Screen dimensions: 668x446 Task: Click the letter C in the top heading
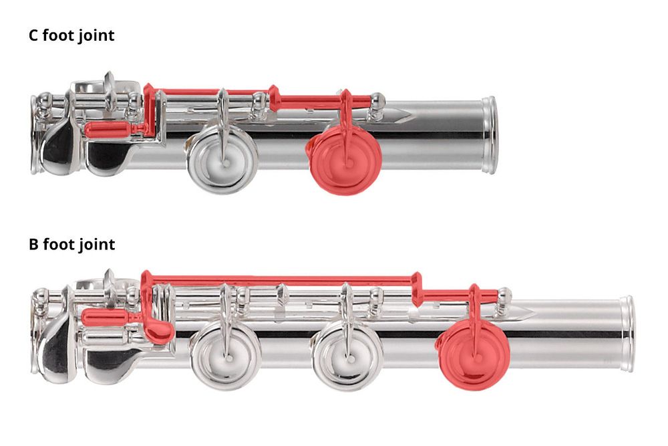[x=33, y=35]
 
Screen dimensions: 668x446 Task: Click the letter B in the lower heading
[x=33, y=244]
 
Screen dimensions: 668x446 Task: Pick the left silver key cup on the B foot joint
[x=226, y=355]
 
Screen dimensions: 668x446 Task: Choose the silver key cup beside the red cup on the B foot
[x=347, y=355]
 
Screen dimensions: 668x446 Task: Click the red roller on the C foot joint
[x=109, y=130]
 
